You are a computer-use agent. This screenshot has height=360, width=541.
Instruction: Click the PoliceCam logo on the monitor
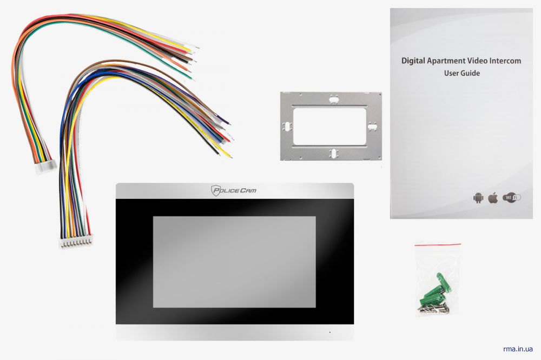234,190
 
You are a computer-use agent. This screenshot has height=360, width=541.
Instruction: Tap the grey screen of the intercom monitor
234,262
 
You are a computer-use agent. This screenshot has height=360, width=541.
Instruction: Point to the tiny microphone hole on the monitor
330,332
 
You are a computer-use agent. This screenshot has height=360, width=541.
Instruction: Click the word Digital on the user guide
413,61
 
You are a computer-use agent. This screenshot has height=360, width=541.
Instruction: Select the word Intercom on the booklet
505,61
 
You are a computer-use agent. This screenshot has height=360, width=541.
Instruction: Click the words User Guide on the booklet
461,73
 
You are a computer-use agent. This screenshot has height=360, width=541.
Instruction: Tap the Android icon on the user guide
478,198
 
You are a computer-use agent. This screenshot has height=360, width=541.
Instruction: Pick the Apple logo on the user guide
493,198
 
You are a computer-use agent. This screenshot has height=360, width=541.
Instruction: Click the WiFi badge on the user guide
511,198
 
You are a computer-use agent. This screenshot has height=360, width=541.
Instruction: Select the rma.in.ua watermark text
518,349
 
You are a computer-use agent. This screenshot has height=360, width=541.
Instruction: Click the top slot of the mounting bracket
334,100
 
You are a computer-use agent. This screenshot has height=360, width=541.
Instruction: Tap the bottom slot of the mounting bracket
333,154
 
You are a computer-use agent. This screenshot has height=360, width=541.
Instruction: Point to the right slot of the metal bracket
372,127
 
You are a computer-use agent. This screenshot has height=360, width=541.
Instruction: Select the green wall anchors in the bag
433,291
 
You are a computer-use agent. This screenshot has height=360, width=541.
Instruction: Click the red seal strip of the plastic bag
438,244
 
